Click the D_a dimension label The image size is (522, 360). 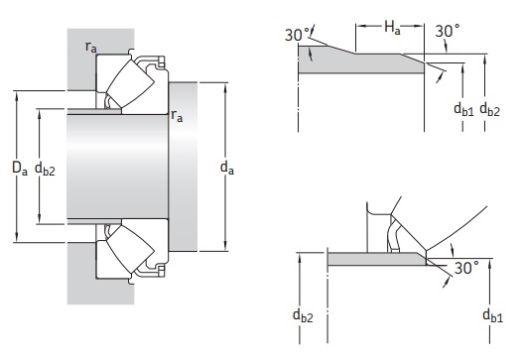[x=19, y=168]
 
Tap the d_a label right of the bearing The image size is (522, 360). [x=227, y=168]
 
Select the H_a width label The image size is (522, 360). [x=392, y=27]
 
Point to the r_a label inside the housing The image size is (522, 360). [x=91, y=47]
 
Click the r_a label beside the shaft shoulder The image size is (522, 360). [x=177, y=115]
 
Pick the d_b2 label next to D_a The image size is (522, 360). [x=45, y=169]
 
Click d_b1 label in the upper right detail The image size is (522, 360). [x=463, y=109]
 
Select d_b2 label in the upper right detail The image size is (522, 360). [x=489, y=109]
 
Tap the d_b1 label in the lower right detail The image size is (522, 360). [x=492, y=315]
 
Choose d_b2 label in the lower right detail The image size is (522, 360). [x=303, y=314]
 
